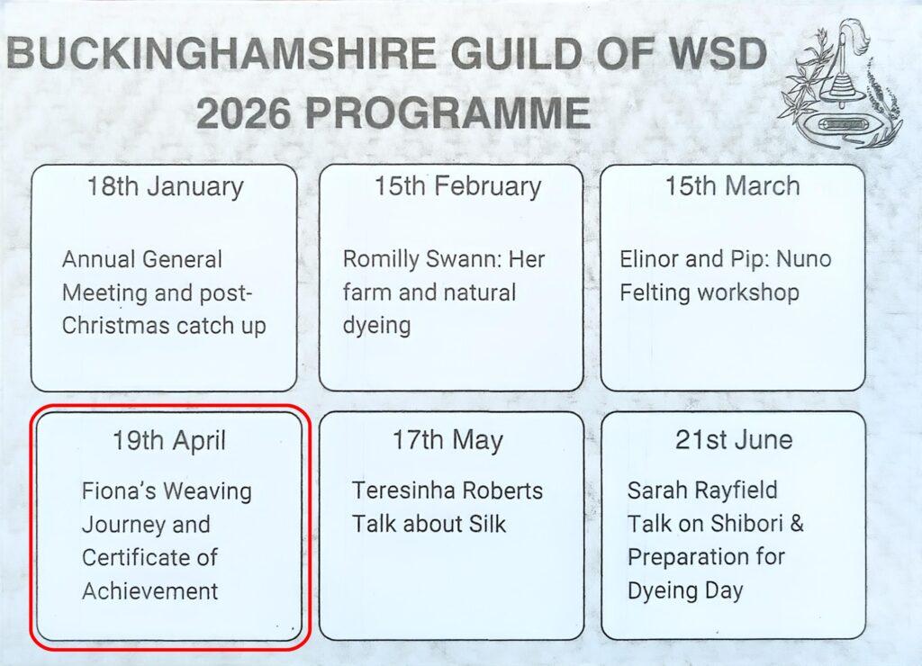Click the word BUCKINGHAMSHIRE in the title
221,53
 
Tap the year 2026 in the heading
244,113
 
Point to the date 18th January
166,187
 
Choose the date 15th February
458,187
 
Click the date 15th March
733,185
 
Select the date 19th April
169,441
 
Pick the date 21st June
734,440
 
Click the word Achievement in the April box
150,591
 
